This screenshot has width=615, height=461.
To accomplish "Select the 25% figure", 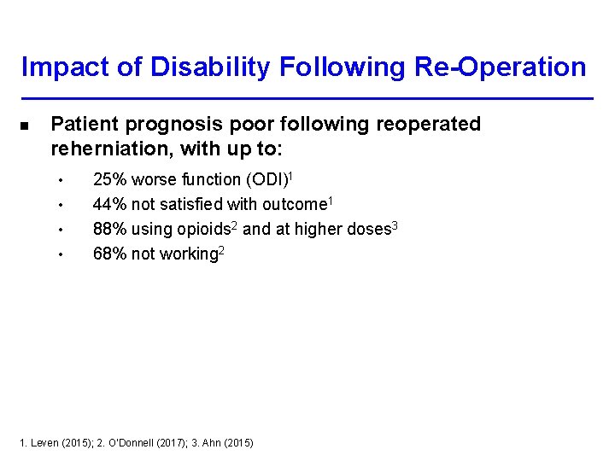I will click(109, 180).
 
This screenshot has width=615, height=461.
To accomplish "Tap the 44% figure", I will click(109, 205).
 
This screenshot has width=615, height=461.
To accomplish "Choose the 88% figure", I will click(109, 230).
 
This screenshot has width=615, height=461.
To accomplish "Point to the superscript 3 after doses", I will click(395, 225).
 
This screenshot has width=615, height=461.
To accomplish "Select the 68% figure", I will click(109, 254).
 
